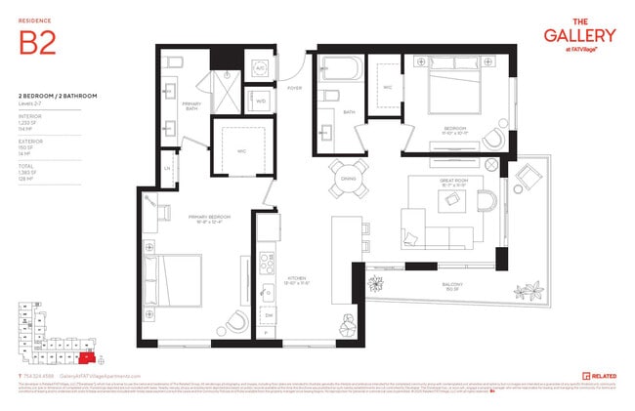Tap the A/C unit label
click(261, 67)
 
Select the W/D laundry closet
click(261, 101)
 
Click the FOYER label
click(294, 88)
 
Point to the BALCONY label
click(451, 288)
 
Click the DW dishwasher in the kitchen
click(267, 315)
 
